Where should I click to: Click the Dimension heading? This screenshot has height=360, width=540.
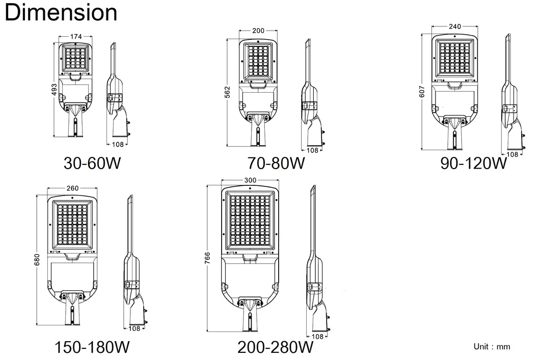pyautogui.click(x=61, y=12)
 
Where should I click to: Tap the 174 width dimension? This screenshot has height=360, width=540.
pyautogui.click(x=76, y=37)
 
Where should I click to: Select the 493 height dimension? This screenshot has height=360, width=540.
pyautogui.click(x=54, y=90)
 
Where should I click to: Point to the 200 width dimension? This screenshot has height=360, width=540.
pyautogui.click(x=258, y=31)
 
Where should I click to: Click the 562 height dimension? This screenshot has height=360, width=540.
pyautogui.click(x=227, y=92)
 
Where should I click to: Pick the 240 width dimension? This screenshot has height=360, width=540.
pyautogui.click(x=455, y=26)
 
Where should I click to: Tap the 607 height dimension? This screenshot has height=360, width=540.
pyautogui.click(x=422, y=92)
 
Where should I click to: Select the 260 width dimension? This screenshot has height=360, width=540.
pyautogui.click(x=72, y=188)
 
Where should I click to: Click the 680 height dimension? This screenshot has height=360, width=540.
pyautogui.click(x=37, y=260)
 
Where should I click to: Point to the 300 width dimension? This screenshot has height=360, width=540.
pyautogui.click(x=250, y=180)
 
